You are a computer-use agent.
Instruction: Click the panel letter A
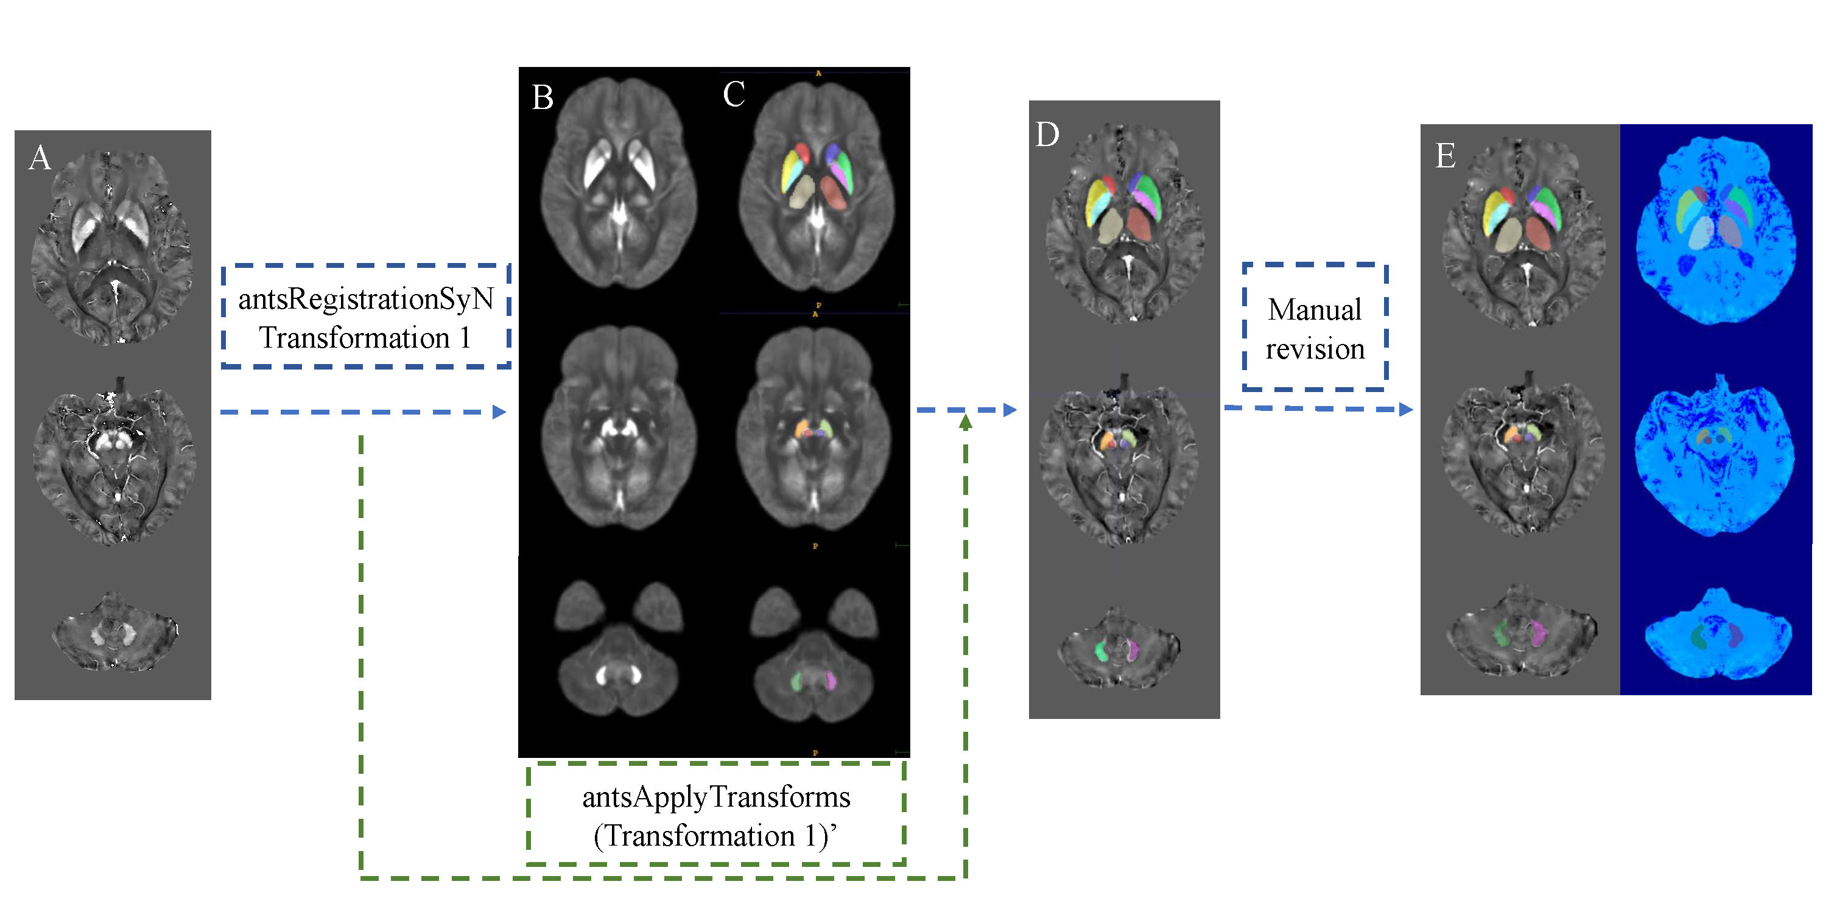(x=40, y=157)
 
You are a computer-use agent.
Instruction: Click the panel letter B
(x=543, y=97)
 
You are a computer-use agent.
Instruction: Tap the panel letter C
(x=733, y=94)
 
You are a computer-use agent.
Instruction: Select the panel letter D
(x=1047, y=134)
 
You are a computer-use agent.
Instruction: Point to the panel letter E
(x=1444, y=156)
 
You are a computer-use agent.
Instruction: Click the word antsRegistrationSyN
(x=366, y=299)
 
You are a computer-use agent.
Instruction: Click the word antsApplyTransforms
(x=716, y=797)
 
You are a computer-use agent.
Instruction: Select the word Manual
(x=1314, y=310)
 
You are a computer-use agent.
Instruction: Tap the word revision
(x=1314, y=349)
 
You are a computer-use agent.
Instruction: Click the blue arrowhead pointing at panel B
(x=500, y=412)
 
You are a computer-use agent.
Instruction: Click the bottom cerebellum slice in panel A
(x=114, y=631)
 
